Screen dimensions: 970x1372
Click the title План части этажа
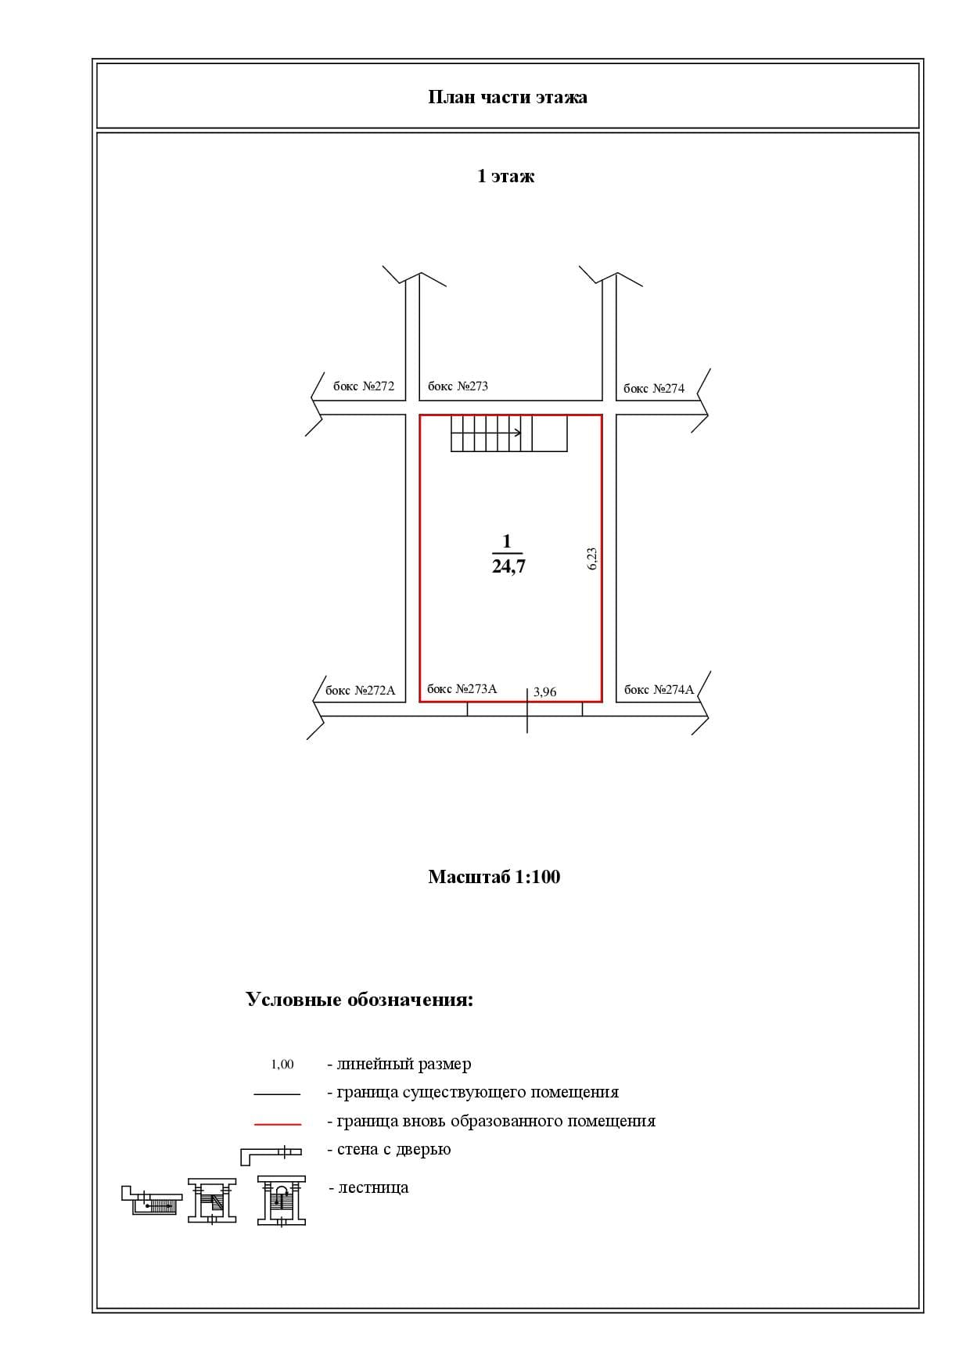click(x=507, y=97)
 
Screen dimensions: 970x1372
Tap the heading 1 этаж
click(x=505, y=176)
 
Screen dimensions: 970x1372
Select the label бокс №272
click(x=364, y=386)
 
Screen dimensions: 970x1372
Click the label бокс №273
click(x=458, y=386)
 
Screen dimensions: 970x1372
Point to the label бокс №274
click(x=653, y=389)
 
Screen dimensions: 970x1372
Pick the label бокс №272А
click(x=360, y=691)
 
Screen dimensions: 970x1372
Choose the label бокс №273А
click(x=462, y=689)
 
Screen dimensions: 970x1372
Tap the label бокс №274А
click(x=659, y=690)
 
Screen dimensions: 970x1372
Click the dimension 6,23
click(x=592, y=558)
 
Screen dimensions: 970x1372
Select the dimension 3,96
click(x=544, y=692)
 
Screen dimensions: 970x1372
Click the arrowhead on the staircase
click(x=518, y=432)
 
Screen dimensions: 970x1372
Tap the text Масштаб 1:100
click(x=494, y=877)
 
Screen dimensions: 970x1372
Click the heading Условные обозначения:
click(x=359, y=1000)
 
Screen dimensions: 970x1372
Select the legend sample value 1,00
click(x=282, y=1065)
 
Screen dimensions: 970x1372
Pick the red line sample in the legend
click(x=277, y=1124)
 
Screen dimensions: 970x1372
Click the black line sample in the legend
click(x=277, y=1094)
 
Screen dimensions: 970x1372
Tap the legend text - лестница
click(x=368, y=1187)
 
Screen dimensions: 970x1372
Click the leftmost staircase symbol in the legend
click(x=151, y=1201)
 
